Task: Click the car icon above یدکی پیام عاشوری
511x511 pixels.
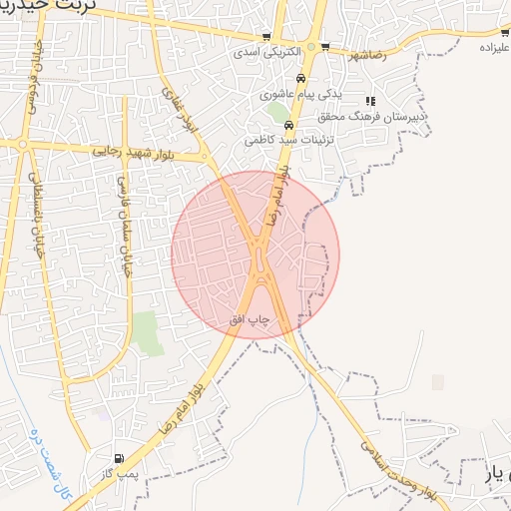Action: pos(300,80)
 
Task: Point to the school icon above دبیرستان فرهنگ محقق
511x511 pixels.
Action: pos(370,101)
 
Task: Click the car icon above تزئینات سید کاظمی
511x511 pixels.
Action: pos(288,126)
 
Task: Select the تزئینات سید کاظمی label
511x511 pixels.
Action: pos(281,141)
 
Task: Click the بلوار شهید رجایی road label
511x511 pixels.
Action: pos(135,153)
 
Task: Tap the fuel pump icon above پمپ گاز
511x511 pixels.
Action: pos(120,458)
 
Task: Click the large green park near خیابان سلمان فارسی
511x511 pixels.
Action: pos(148,333)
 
